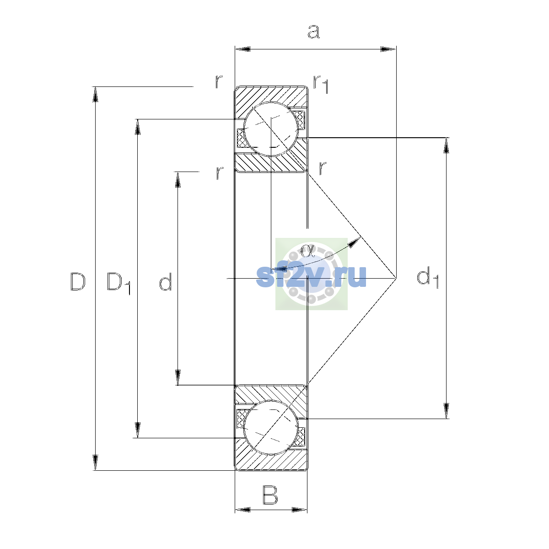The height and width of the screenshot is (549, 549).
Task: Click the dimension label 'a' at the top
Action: (x=313, y=32)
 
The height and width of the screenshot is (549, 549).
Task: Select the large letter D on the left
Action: (x=78, y=281)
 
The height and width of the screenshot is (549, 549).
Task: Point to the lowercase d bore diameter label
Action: (x=166, y=281)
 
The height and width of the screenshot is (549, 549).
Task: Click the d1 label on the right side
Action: (x=428, y=277)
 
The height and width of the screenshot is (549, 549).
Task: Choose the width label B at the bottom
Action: (x=270, y=495)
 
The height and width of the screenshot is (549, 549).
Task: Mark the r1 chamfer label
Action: (x=321, y=84)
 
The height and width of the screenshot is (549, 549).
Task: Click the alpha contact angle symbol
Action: (x=307, y=251)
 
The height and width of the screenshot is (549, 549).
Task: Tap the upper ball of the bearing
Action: (x=271, y=129)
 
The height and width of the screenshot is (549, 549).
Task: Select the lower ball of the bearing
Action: (x=271, y=427)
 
